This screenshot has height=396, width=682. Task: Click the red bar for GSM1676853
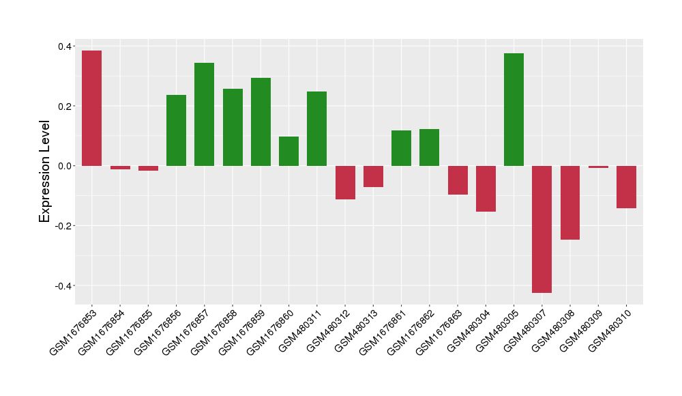pyautogui.click(x=91, y=108)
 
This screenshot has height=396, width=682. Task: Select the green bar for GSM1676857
pyautogui.click(x=204, y=114)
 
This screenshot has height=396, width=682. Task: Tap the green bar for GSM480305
pyautogui.click(x=514, y=109)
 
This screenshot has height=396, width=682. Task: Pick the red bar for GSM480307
pyautogui.click(x=542, y=229)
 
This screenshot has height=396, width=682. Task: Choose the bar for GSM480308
pyautogui.click(x=570, y=203)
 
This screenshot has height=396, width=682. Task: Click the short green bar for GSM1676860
pyautogui.click(x=288, y=151)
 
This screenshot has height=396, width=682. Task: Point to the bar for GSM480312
pyautogui.click(x=345, y=182)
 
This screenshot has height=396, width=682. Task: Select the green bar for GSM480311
pyautogui.click(x=316, y=128)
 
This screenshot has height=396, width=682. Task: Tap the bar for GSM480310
pyautogui.click(x=626, y=187)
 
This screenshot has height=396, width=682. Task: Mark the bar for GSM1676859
pyautogui.click(x=261, y=122)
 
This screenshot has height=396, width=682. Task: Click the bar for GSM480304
pyautogui.click(x=486, y=188)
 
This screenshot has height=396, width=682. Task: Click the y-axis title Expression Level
pyautogui.click(x=45, y=171)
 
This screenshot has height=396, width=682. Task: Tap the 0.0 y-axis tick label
pyautogui.click(x=65, y=166)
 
